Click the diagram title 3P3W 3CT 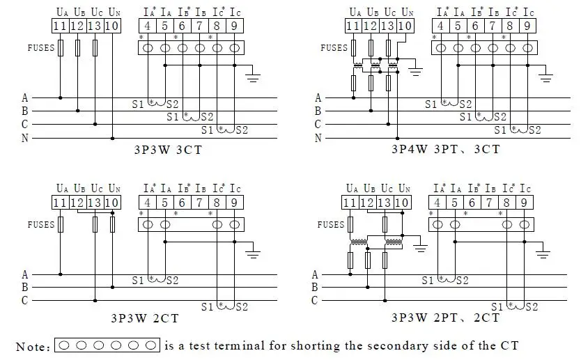coord(168,150)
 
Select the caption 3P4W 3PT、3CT coord(446,149)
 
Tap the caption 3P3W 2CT coord(145,318)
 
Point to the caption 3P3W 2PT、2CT coord(446,318)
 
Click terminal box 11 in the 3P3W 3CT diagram coord(60,26)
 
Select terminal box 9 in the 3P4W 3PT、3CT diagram coord(527,26)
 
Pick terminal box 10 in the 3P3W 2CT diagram coord(112,203)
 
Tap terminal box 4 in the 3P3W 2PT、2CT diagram coord(437,203)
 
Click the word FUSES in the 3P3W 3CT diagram coord(41,48)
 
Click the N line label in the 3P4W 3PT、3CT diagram coord(318,138)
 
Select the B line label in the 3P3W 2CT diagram coord(24,287)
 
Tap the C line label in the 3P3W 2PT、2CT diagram coord(315,300)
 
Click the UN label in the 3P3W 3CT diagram coord(114,13)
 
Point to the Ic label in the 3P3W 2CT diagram coord(235,189)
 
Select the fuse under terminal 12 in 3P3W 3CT coord(77,48)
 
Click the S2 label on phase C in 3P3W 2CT coord(242,306)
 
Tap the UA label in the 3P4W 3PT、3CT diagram coord(355,13)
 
